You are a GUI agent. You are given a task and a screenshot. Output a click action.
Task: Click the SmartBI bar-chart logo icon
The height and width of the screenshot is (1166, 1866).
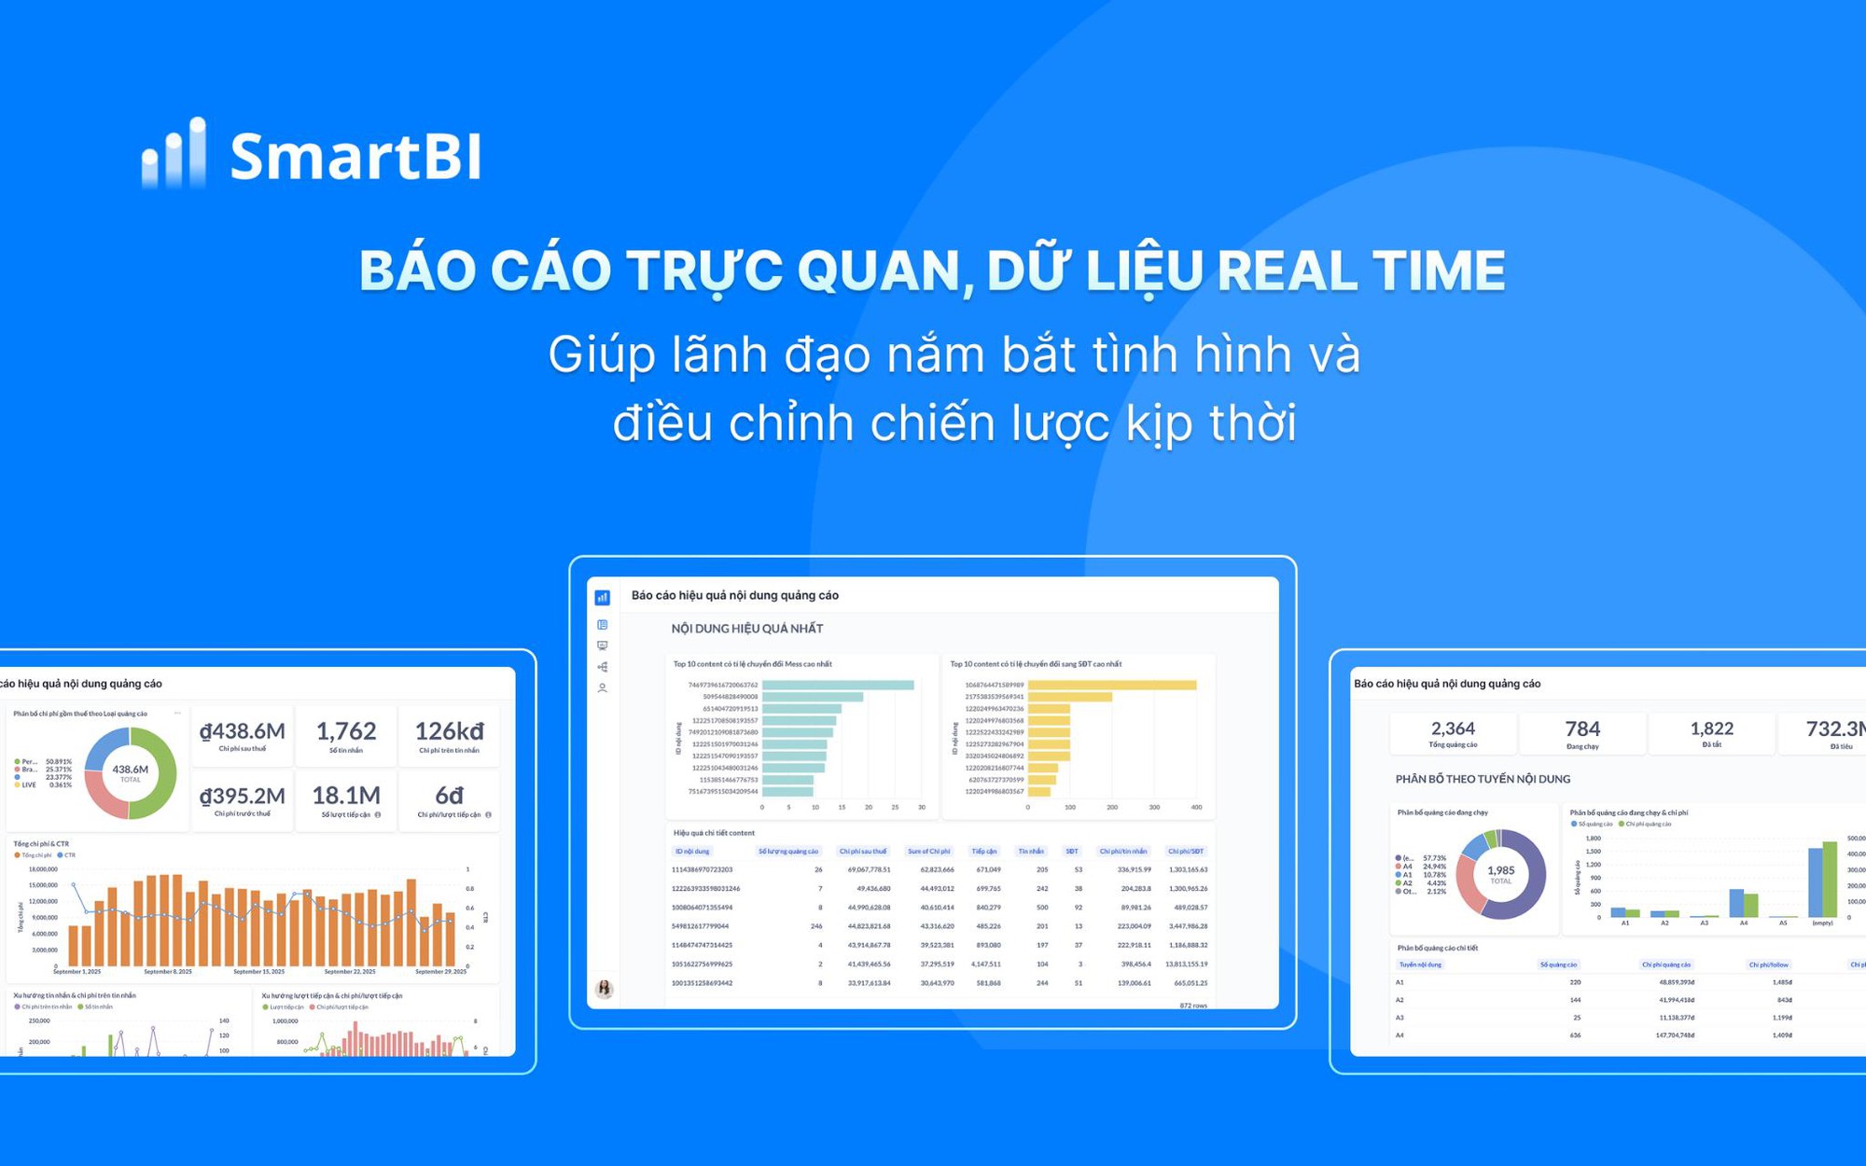(174, 154)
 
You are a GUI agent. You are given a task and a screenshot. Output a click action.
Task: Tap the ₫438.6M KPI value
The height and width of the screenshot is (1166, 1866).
(243, 731)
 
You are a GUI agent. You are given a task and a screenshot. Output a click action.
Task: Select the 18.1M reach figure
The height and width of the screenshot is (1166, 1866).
(346, 796)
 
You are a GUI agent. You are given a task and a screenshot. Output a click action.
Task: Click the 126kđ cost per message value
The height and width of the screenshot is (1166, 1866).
(449, 731)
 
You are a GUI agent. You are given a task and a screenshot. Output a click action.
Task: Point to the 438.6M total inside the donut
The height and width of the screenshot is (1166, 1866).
(131, 770)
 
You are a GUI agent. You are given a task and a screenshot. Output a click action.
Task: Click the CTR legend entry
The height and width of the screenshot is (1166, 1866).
(67, 855)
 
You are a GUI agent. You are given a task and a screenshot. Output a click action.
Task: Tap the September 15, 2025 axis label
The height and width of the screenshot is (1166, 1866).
(258, 972)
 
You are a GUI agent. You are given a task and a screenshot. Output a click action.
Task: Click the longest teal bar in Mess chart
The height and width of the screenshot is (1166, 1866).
(837, 685)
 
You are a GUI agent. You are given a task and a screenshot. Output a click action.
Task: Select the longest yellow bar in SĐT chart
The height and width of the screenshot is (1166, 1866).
(1111, 685)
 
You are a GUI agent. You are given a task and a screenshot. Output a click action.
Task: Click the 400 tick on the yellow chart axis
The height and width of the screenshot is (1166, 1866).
(1196, 808)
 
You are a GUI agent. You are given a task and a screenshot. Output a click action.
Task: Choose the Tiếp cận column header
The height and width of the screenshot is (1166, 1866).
(983, 851)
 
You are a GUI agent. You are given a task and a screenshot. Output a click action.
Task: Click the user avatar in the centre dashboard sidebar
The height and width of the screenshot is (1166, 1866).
(605, 989)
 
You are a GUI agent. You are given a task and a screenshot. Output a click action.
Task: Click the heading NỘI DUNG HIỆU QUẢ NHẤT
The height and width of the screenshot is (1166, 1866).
(746, 629)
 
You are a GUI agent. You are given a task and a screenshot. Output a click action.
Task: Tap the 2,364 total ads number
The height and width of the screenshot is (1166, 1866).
(1453, 729)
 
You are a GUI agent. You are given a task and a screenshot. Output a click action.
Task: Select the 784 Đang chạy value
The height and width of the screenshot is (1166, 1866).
(1582, 729)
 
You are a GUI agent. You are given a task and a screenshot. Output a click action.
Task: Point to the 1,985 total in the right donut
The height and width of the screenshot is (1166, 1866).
(1500, 870)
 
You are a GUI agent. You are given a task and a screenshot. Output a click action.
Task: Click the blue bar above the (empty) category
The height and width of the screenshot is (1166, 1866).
(1815, 882)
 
